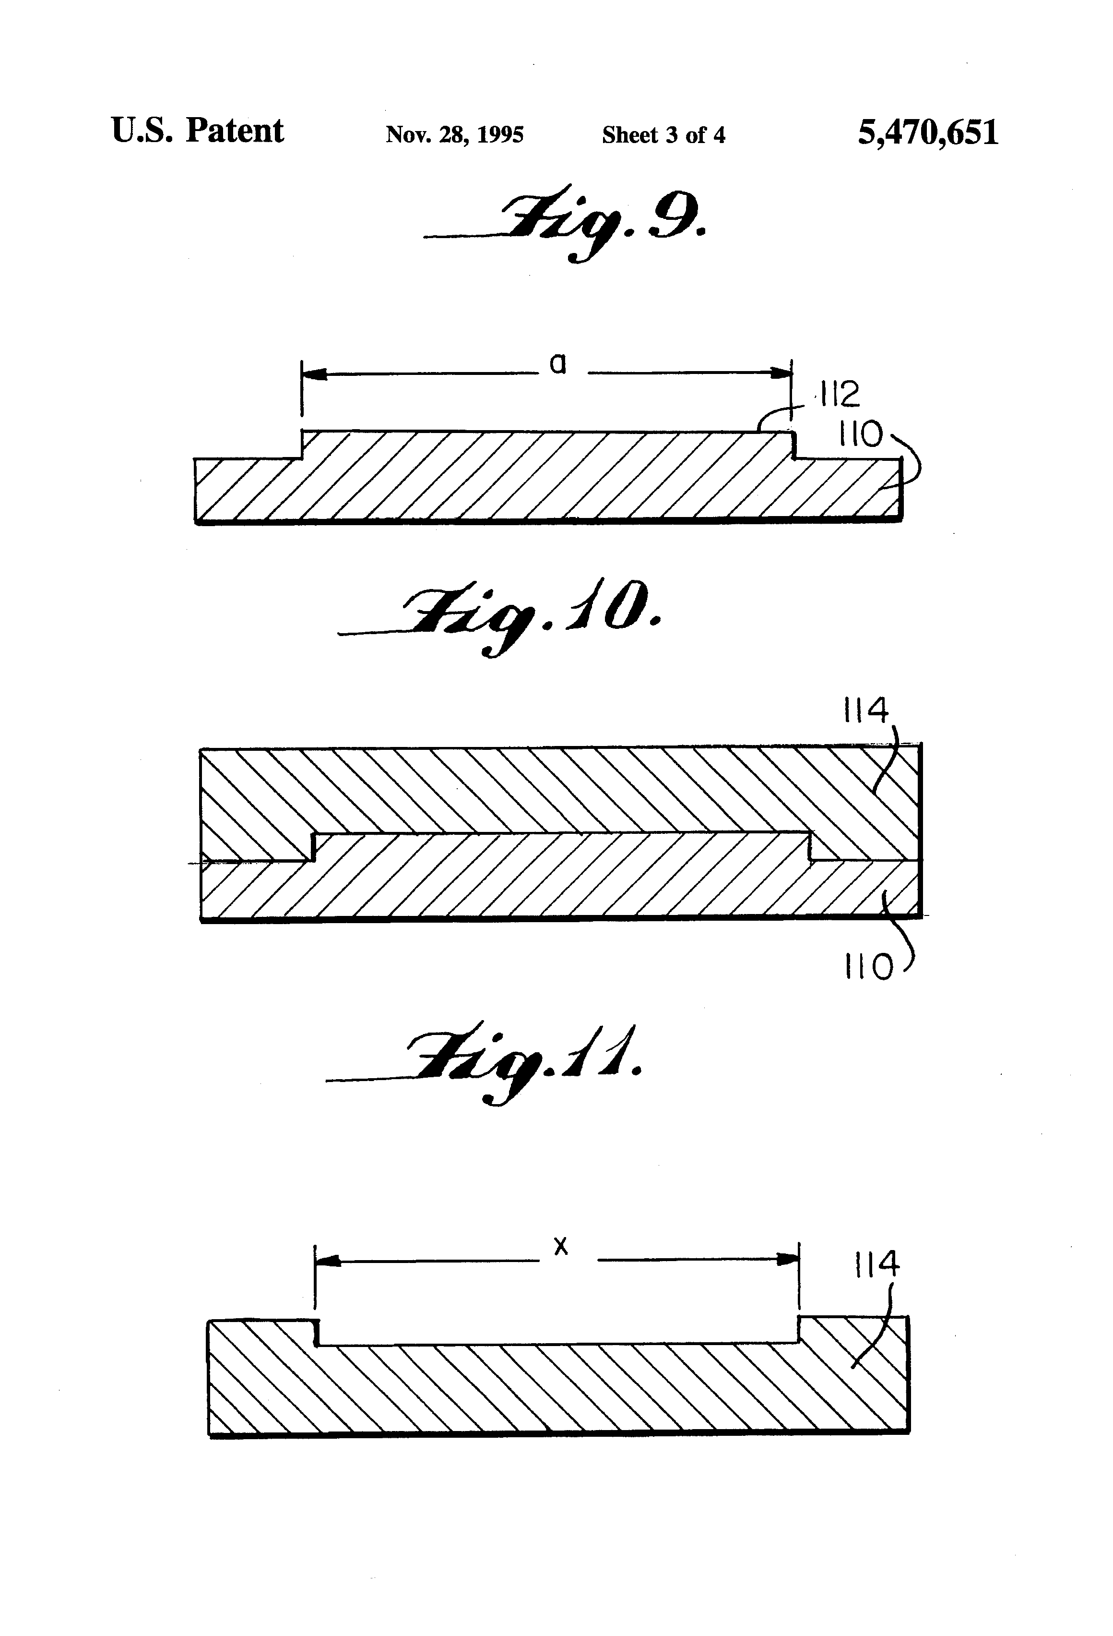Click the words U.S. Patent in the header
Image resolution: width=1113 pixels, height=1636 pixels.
197,131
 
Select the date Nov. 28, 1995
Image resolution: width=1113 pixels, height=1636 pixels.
454,134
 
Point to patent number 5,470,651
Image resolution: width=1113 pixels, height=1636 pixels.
927,132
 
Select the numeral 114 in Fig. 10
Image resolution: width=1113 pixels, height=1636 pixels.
865,710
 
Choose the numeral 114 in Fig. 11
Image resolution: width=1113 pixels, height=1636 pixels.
876,1264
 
